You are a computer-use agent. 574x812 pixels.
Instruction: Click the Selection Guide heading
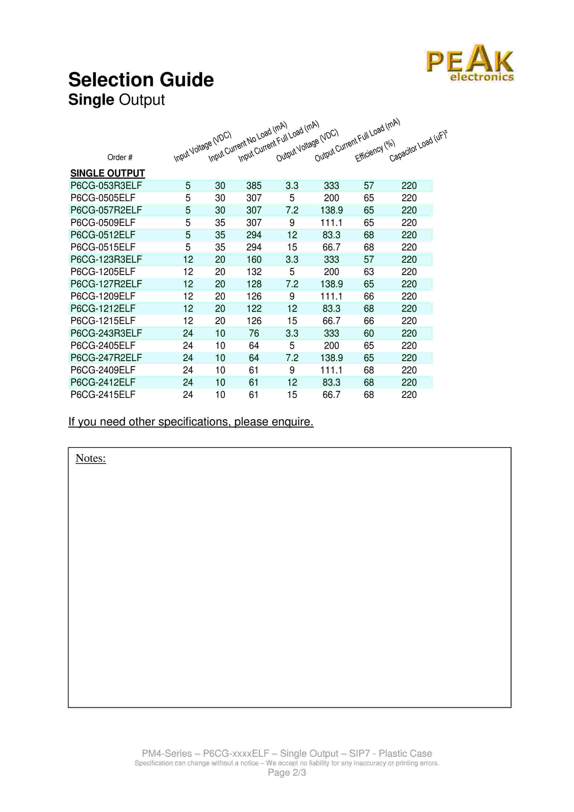[141, 80]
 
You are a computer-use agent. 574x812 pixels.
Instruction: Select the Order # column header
[120, 157]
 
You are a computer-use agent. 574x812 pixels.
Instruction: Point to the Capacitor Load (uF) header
[418, 146]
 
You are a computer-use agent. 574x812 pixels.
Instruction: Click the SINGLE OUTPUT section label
[107, 173]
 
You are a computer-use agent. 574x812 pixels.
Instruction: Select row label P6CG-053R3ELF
[106, 186]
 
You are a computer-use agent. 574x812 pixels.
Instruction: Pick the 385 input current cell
[254, 186]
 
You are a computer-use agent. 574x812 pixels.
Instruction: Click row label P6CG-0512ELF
[103, 235]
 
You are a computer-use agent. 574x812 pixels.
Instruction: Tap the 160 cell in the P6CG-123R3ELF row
[254, 259]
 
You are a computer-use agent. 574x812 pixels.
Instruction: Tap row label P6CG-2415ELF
[103, 395]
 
